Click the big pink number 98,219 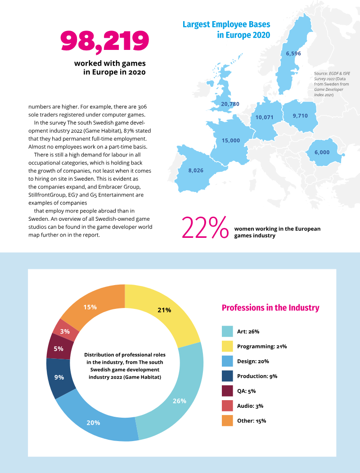[104, 41]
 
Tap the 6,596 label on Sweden [293, 54]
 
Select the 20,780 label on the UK [230, 104]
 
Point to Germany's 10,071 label [264, 117]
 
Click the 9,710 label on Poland [300, 116]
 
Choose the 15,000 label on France [231, 141]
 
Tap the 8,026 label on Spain [196, 170]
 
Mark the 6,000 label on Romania [322, 152]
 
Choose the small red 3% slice [65, 330]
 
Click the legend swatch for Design [227, 361]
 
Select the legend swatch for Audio [227, 406]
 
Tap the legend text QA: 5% [246, 391]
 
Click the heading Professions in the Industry [270, 308]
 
